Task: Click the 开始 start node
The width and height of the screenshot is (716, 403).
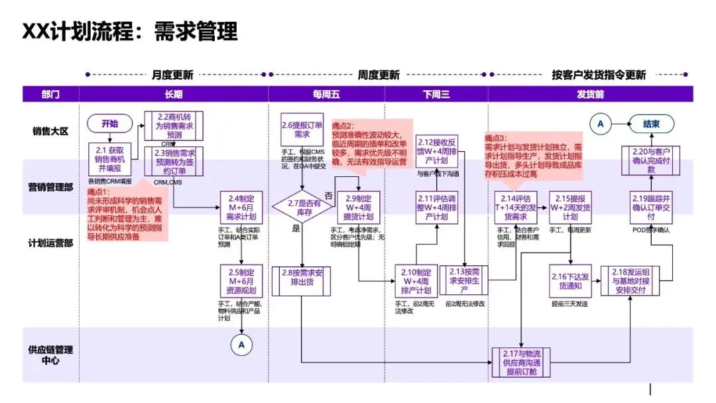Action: (x=110, y=123)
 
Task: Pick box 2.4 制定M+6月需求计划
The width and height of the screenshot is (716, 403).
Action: (x=242, y=207)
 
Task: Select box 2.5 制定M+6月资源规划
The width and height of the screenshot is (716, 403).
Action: (x=242, y=281)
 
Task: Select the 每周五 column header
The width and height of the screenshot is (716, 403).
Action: (x=326, y=94)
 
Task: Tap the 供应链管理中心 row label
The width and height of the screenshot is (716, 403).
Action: (x=51, y=355)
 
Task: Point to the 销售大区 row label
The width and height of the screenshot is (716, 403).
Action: (x=51, y=131)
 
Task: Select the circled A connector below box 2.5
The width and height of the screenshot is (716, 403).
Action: (x=241, y=344)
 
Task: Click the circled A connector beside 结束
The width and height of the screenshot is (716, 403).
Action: (x=601, y=123)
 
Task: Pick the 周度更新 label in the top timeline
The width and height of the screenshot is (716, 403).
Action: (x=379, y=75)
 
